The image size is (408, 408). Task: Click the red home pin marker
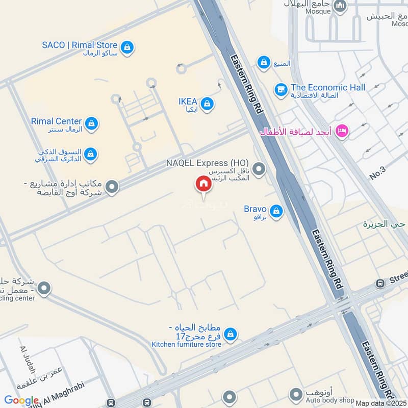[x=203, y=184]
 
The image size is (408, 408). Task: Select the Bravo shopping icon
[x=276, y=211]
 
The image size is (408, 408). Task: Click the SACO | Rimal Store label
[x=80, y=45]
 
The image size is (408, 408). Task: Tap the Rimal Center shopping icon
[x=91, y=123]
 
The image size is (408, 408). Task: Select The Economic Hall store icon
[x=280, y=90]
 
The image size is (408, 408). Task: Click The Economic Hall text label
[x=328, y=88]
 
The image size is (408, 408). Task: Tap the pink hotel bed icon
[x=343, y=131]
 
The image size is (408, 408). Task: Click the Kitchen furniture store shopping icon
[x=230, y=334]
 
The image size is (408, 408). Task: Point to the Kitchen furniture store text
[x=187, y=345]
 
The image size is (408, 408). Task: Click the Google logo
[x=21, y=401]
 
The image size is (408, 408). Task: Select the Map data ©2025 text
[x=380, y=403]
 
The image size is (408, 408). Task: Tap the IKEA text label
[x=188, y=102]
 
